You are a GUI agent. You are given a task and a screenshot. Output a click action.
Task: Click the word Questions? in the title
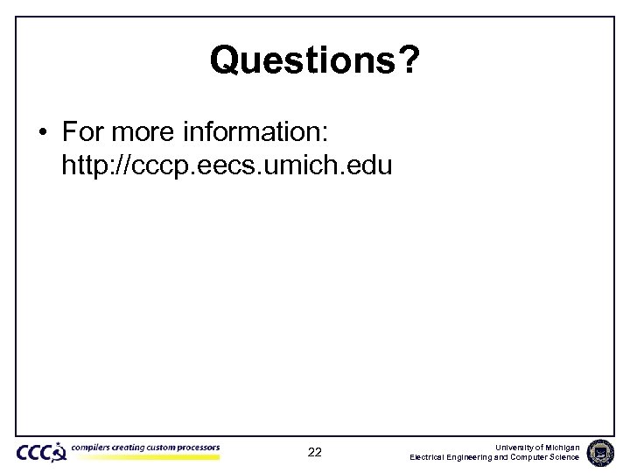tap(314, 60)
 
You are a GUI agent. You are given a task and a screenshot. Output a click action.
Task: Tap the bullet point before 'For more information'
tap(42, 132)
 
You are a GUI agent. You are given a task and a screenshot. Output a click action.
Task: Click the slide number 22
tap(315, 453)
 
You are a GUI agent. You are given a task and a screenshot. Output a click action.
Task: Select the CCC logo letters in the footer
tap(35, 452)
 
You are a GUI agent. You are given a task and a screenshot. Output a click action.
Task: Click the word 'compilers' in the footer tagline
tap(92, 448)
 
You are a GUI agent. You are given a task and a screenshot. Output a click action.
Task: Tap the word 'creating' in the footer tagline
tap(131, 448)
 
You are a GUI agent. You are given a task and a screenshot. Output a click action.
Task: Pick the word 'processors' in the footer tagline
tap(200, 448)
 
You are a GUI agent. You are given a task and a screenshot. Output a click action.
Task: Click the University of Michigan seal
tap(600, 452)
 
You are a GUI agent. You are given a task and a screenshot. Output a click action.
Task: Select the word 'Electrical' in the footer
tap(426, 457)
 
